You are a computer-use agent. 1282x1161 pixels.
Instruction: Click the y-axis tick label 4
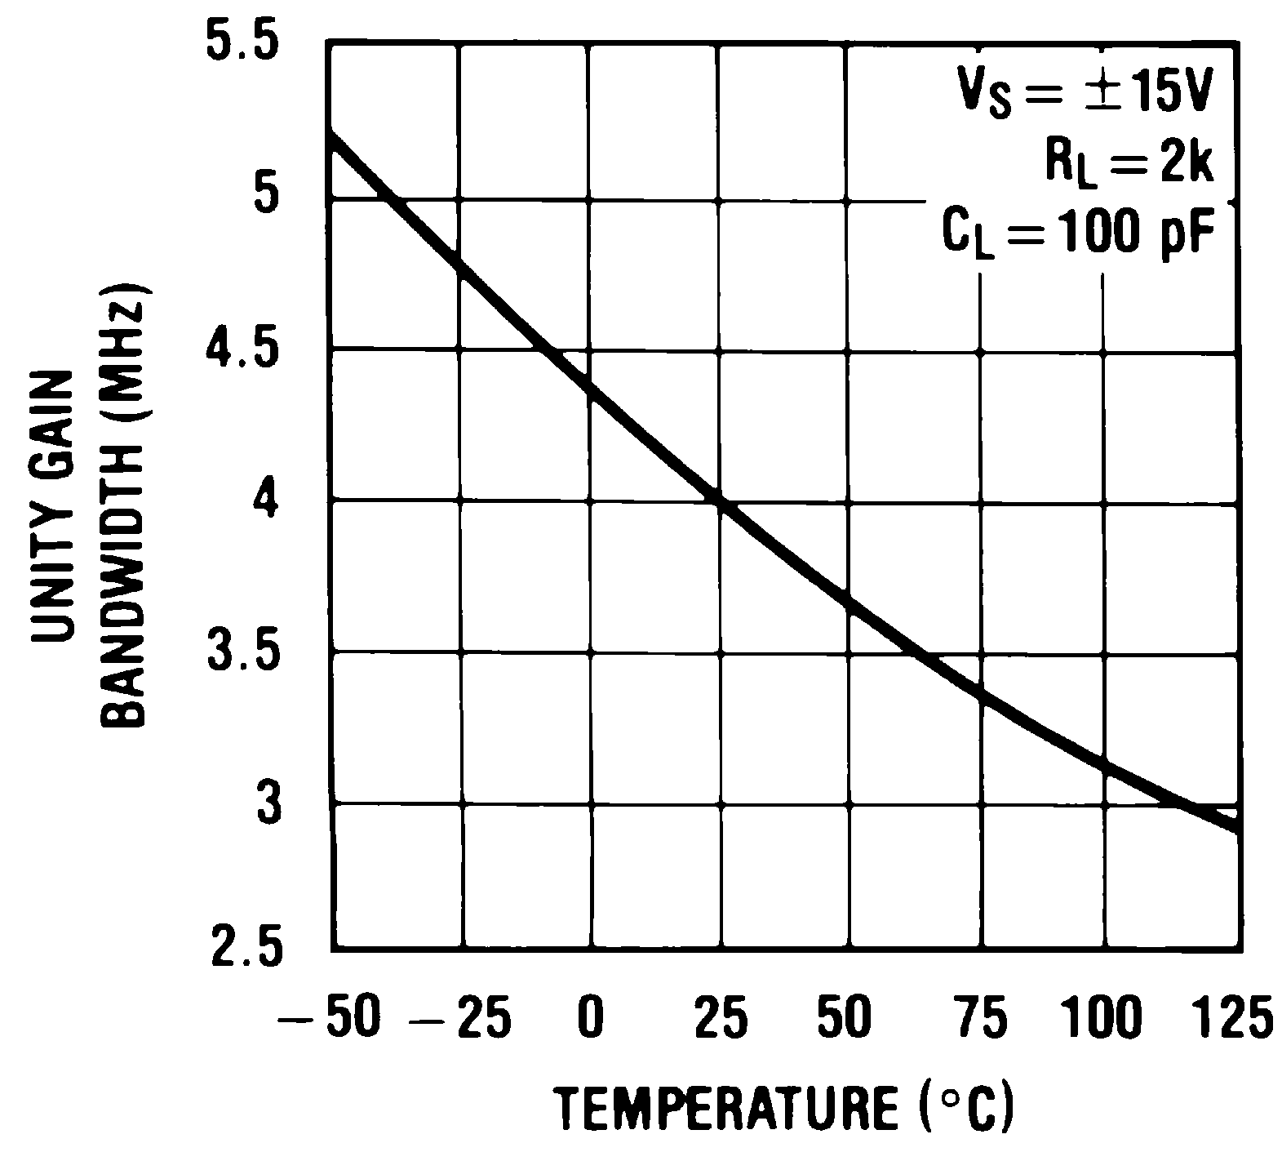point(266,500)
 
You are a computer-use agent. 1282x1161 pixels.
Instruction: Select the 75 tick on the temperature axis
point(981,1020)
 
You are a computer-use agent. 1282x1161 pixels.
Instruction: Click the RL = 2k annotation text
point(1129,163)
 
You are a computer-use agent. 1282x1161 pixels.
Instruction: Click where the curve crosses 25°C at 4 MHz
point(720,499)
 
